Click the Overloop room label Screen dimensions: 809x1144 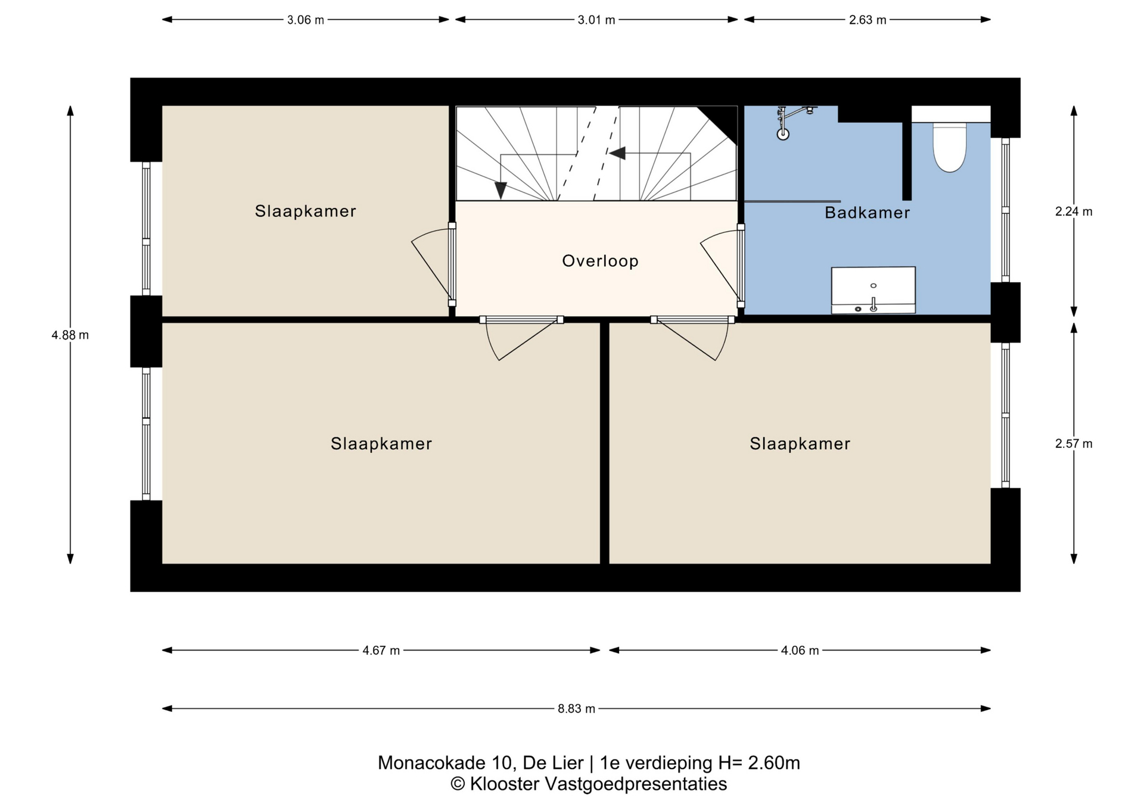click(x=600, y=261)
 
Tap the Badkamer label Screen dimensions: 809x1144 click(x=867, y=213)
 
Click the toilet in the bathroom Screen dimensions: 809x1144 click(x=950, y=147)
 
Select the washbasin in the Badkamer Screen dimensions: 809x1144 click(x=873, y=290)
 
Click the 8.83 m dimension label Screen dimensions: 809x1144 click(x=576, y=709)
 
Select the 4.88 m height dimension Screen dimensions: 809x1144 click(x=70, y=335)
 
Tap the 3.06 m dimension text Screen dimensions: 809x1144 click(x=306, y=20)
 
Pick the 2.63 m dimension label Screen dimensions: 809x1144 click(x=868, y=20)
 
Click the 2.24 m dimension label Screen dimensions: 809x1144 click(x=1074, y=211)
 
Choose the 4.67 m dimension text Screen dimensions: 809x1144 click(x=381, y=651)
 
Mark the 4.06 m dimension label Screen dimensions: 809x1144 click(x=800, y=651)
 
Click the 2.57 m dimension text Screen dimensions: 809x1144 click(x=1074, y=444)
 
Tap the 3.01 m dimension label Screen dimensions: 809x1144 click(x=596, y=20)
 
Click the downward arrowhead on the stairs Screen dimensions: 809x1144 click(x=500, y=190)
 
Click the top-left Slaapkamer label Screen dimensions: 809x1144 click(x=305, y=211)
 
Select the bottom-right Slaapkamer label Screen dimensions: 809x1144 click(x=800, y=444)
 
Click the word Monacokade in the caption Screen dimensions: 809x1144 click(x=432, y=763)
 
